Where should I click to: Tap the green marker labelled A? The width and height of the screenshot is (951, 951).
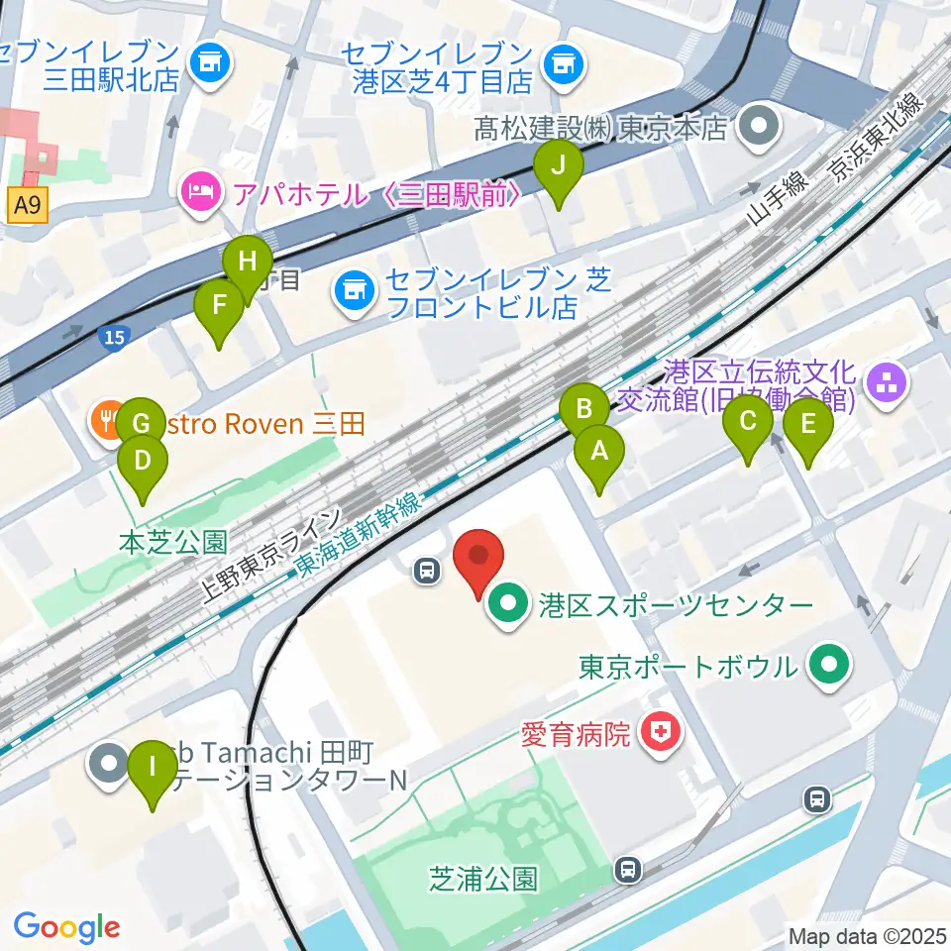(x=599, y=452)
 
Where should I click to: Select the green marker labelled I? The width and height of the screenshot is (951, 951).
(x=152, y=767)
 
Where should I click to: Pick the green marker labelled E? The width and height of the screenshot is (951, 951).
(x=807, y=425)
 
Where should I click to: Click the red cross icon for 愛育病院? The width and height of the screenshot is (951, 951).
(x=656, y=734)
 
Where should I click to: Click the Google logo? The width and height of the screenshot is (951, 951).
(x=66, y=927)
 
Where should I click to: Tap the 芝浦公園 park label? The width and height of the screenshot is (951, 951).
(x=483, y=878)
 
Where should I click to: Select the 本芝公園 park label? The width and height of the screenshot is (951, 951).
(x=172, y=541)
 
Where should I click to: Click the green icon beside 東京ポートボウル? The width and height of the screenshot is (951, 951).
(x=829, y=665)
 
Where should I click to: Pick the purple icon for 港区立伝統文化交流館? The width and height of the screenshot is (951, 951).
(x=885, y=386)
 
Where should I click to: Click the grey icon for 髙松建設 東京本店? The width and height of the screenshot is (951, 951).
(x=762, y=127)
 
